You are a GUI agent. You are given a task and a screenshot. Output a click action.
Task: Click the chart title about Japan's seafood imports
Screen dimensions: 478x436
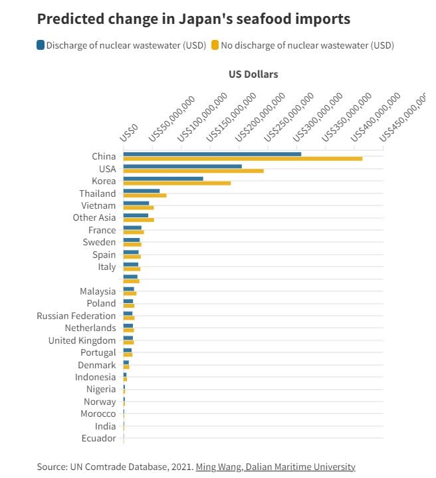[x=194, y=19]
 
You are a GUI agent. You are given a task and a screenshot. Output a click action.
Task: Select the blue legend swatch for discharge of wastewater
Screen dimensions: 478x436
[x=41, y=45]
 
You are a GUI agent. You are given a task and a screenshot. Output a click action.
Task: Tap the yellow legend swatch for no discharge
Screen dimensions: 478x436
[x=215, y=45]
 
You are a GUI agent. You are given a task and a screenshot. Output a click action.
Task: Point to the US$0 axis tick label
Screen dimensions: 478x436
[x=130, y=131]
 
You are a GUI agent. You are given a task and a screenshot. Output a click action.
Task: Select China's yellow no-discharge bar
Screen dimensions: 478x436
[x=243, y=159]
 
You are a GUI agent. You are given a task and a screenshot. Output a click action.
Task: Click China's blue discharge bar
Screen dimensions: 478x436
[x=212, y=154]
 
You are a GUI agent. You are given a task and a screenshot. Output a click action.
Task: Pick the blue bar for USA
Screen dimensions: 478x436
[x=183, y=166]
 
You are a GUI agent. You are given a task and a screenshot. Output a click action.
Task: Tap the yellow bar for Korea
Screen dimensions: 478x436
[x=177, y=183]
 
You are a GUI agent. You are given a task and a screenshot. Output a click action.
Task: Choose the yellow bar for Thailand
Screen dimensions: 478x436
[x=145, y=195]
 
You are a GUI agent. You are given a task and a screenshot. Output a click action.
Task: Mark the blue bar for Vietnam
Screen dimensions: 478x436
[x=136, y=203]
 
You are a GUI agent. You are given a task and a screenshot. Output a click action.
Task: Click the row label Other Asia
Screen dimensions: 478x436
[x=94, y=217]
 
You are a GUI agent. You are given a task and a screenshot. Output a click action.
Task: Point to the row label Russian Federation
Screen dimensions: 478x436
[x=76, y=316]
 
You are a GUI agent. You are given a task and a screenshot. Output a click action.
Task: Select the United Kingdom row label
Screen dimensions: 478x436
[x=82, y=340]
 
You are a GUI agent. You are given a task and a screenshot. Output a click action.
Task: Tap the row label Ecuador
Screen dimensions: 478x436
[x=98, y=438]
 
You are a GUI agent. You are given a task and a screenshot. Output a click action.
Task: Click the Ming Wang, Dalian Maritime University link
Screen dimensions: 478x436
[x=275, y=467]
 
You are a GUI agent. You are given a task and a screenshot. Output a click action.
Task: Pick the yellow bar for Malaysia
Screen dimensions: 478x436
[x=130, y=293]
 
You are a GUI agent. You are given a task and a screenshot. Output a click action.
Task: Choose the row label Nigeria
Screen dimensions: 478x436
[x=100, y=389]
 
